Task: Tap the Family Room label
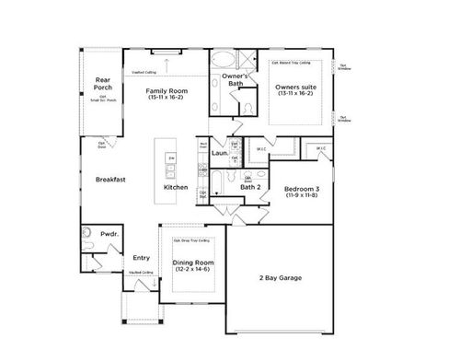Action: [x=167, y=90]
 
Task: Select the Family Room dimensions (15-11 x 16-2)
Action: [x=167, y=98]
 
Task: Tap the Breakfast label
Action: [x=110, y=179]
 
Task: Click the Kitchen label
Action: [x=176, y=187]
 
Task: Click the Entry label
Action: [x=141, y=258]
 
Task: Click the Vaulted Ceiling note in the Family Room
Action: [x=144, y=70]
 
